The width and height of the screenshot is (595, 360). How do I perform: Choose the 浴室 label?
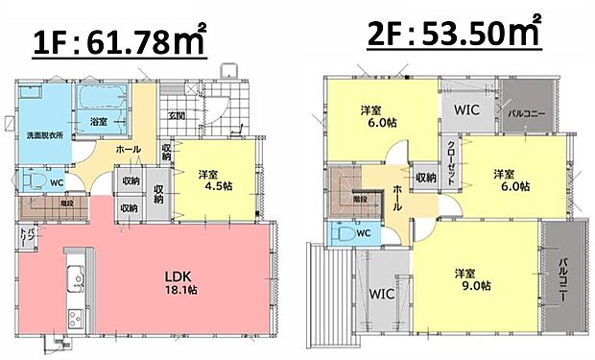pyautogui.click(x=98, y=122)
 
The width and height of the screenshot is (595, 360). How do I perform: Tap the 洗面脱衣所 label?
pyautogui.click(x=44, y=134)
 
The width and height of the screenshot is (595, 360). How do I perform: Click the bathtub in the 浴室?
pyautogui.click(x=98, y=98)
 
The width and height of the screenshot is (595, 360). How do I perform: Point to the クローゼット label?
pyautogui.click(x=451, y=156)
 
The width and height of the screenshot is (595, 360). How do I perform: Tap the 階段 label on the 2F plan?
pyautogui.click(x=358, y=200)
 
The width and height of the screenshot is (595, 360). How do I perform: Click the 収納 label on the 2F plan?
pyautogui.click(x=425, y=178)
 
